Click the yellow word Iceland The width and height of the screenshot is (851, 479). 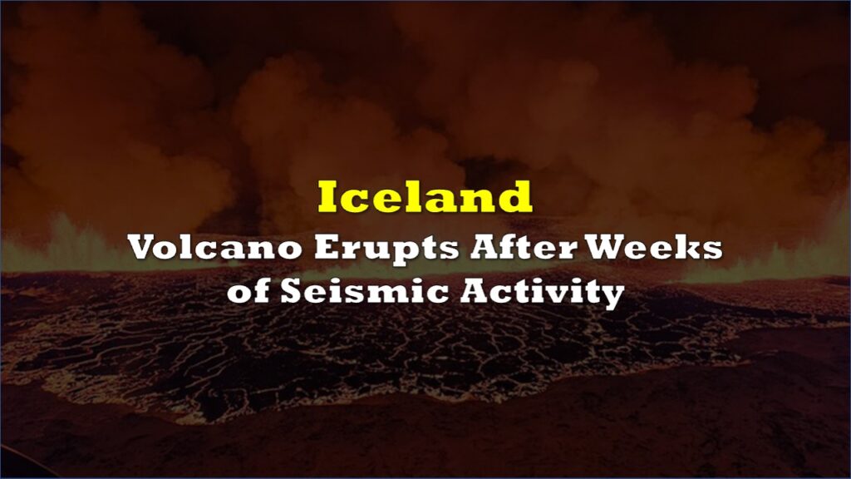click(x=425, y=196)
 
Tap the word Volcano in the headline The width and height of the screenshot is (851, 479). click(x=215, y=248)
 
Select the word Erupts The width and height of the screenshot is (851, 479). click(x=387, y=249)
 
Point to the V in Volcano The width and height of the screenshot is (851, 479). click(x=146, y=248)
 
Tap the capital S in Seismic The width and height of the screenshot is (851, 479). click(x=292, y=292)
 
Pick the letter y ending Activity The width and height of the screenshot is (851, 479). click(x=612, y=297)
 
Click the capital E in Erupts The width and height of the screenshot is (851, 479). click(x=327, y=248)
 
